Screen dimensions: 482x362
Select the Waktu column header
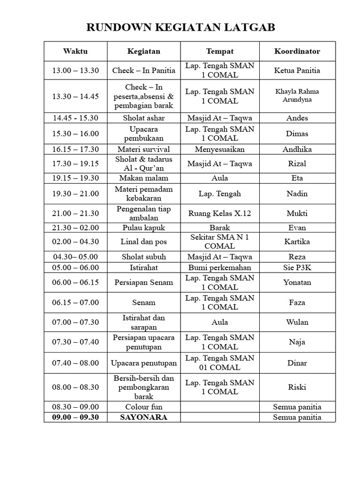point(75,51)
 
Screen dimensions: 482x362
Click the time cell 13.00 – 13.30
point(75,71)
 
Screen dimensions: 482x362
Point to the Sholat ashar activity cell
point(143,118)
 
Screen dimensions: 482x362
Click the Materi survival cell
point(143,149)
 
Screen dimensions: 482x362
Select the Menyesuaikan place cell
point(220,149)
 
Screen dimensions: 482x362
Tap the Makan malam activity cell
point(143,178)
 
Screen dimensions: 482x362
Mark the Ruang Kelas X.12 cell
point(220,213)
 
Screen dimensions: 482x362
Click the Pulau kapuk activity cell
point(143,228)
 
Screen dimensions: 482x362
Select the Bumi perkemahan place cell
point(220,267)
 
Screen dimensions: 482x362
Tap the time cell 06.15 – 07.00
point(75,303)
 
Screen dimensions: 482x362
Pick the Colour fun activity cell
point(143,407)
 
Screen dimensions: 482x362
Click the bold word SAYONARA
point(143,417)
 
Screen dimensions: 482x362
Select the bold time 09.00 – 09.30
point(75,417)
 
